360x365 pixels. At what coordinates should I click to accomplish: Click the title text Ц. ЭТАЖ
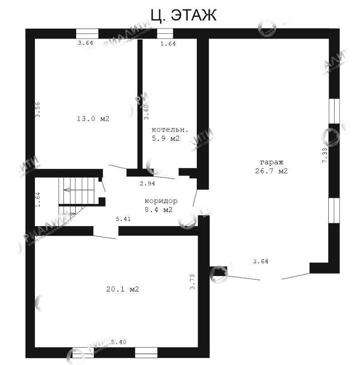click(183, 15)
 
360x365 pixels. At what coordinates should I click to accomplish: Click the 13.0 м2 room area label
click(93, 119)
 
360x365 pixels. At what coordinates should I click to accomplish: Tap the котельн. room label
click(169, 129)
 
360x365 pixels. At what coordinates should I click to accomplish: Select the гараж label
click(271, 162)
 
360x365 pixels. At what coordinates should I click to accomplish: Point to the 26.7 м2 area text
click(271, 171)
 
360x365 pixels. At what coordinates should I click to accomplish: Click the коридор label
click(161, 201)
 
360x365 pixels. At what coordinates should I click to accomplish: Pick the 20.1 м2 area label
click(122, 289)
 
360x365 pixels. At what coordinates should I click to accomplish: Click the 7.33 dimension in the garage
click(325, 155)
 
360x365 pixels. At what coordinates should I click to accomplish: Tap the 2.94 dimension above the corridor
click(147, 183)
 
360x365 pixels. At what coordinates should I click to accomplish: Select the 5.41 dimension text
click(123, 219)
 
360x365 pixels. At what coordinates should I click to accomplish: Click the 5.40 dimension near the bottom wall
click(118, 341)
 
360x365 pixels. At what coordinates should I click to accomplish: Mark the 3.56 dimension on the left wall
click(38, 109)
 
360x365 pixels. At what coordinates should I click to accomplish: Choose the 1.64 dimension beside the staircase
click(38, 200)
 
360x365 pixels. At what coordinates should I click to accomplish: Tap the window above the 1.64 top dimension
click(165, 34)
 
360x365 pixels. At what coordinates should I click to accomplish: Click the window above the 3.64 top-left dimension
click(87, 34)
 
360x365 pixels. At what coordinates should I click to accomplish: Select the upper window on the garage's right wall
click(334, 111)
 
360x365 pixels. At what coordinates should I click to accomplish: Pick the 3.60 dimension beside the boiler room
click(146, 112)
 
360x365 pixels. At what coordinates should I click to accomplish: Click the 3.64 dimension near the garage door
click(261, 261)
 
